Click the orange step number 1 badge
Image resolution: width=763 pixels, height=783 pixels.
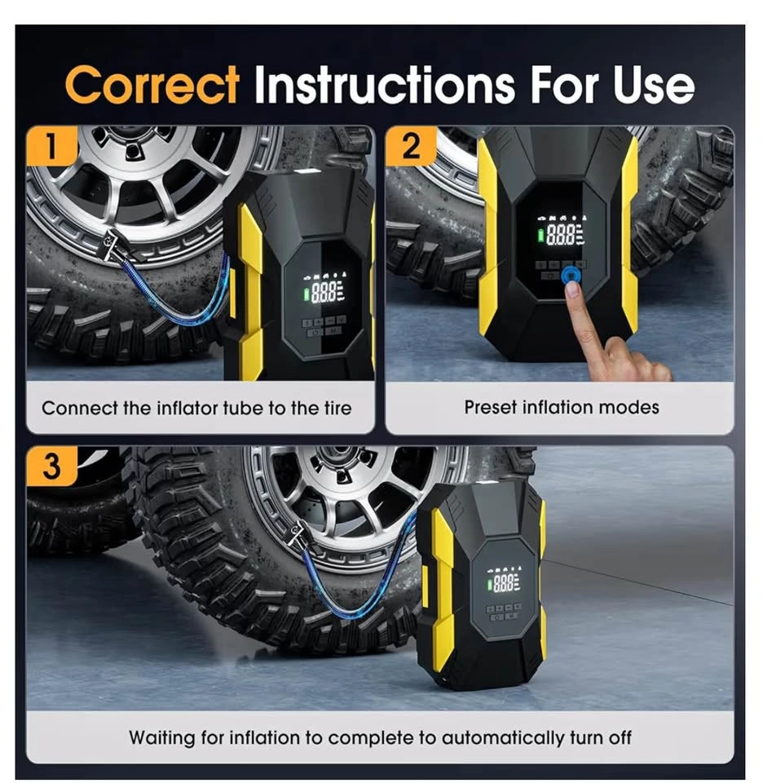(52, 145)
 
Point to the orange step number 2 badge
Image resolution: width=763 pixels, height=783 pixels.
(411, 145)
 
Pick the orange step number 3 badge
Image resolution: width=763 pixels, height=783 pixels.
(52, 466)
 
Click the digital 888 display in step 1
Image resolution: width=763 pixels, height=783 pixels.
(324, 292)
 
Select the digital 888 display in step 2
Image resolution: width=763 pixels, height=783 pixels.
(561, 234)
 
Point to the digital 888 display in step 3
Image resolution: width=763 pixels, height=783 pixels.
(503, 582)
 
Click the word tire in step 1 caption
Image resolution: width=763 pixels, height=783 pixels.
(337, 408)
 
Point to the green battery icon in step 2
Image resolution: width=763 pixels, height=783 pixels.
(541, 235)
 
